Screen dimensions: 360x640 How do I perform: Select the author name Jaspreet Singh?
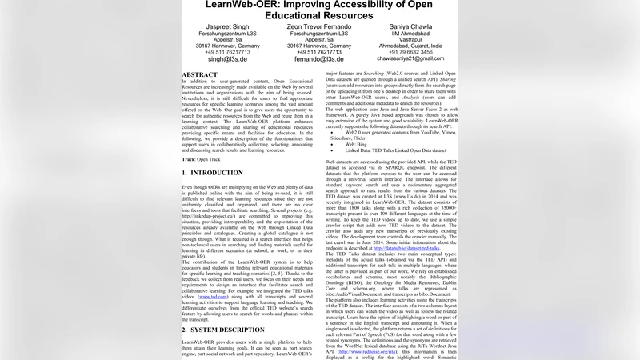[x=227, y=26]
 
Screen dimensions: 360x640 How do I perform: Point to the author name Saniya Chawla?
[x=410, y=26]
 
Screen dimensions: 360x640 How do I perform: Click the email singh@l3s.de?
[x=227, y=59]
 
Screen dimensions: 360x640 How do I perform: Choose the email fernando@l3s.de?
[x=318, y=59]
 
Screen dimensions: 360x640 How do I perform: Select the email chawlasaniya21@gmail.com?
[x=410, y=58]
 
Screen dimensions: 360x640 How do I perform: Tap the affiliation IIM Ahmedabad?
[x=410, y=34]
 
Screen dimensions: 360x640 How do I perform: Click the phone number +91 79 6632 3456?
[x=410, y=52]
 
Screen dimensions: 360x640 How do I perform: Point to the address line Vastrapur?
[x=410, y=40]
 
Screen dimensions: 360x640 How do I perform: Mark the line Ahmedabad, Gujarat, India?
[x=410, y=46]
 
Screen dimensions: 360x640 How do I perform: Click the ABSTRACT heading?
[x=199, y=74]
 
